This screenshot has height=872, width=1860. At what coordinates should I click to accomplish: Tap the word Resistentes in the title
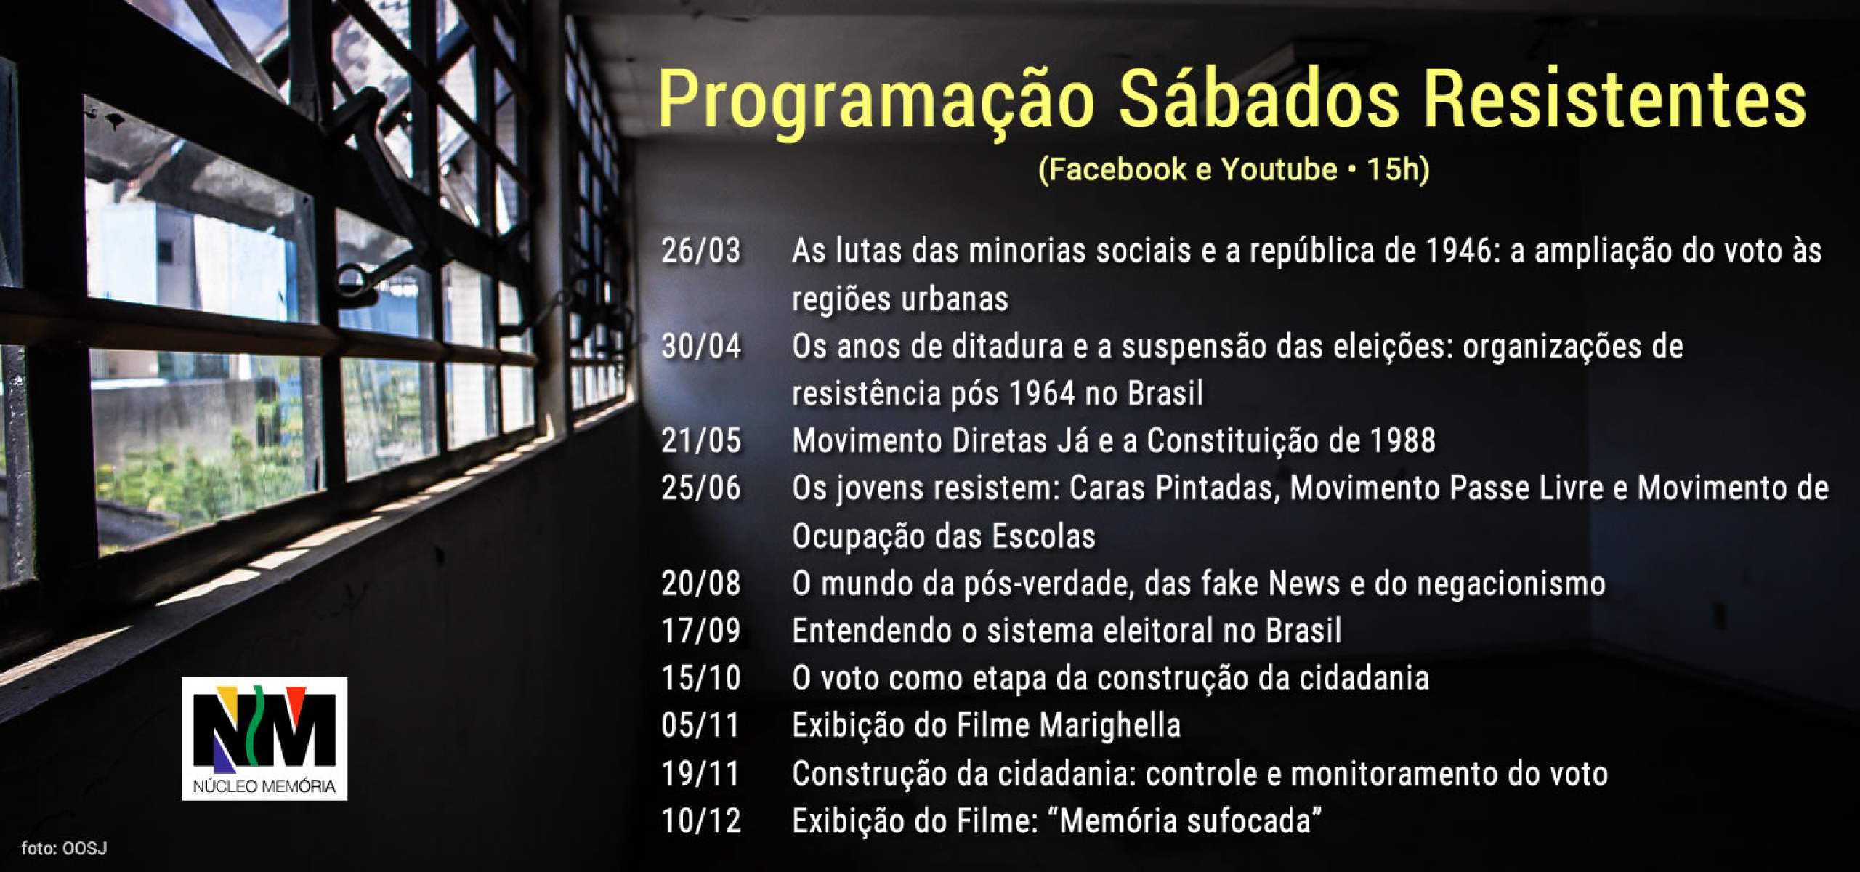1614,99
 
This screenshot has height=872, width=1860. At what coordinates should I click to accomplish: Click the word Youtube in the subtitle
1279,169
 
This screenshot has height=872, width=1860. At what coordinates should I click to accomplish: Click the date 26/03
701,251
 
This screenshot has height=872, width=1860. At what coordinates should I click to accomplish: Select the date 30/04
701,346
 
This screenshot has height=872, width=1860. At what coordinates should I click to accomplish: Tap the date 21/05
701,440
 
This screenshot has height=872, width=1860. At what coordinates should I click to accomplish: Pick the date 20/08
701,584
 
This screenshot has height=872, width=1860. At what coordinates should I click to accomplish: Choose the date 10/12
701,821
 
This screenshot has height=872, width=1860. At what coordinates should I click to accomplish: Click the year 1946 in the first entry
1458,251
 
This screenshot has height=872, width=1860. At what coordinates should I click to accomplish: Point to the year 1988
1403,440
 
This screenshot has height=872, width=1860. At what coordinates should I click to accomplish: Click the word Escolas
1044,536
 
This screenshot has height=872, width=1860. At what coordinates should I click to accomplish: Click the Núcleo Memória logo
264,738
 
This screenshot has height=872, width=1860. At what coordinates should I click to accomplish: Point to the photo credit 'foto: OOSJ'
64,848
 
